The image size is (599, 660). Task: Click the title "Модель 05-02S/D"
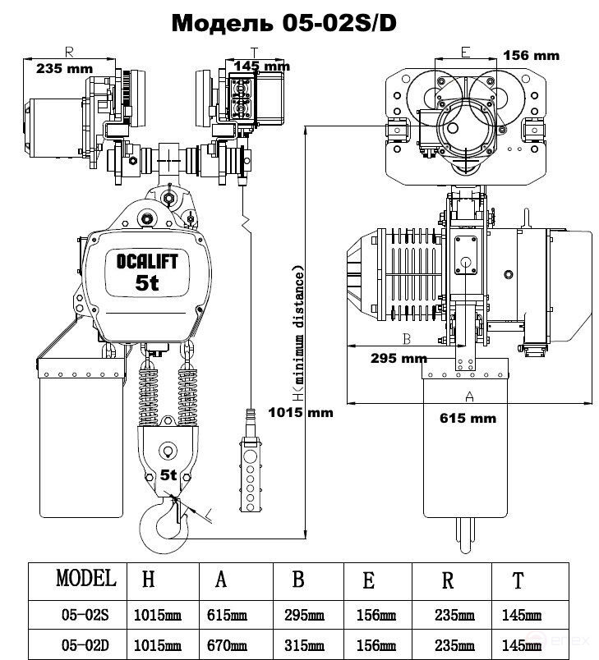click(x=284, y=23)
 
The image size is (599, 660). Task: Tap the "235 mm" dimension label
click(x=64, y=68)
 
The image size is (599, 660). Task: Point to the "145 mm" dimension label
click(x=262, y=66)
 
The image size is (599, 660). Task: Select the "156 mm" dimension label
click(x=531, y=55)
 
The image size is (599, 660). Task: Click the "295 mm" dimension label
click(x=399, y=358)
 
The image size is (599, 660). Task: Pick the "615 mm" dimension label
click(x=468, y=418)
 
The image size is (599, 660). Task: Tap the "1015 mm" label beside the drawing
click(x=301, y=412)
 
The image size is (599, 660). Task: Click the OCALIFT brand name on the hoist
click(x=147, y=261)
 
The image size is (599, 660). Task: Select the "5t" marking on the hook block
click(x=168, y=474)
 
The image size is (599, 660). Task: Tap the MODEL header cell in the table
click(x=86, y=578)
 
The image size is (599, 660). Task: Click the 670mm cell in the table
click(x=227, y=645)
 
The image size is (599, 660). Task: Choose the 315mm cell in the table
click(x=304, y=645)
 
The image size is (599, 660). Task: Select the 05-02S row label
click(x=85, y=615)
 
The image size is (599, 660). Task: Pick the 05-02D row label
click(x=85, y=645)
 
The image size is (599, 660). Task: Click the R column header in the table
click(x=447, y=580)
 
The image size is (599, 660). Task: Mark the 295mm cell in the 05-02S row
click(x=304, y=615)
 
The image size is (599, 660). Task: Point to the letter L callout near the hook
click(x=209, y=514)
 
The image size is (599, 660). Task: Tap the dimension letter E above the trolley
click(x=465, y=53)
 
